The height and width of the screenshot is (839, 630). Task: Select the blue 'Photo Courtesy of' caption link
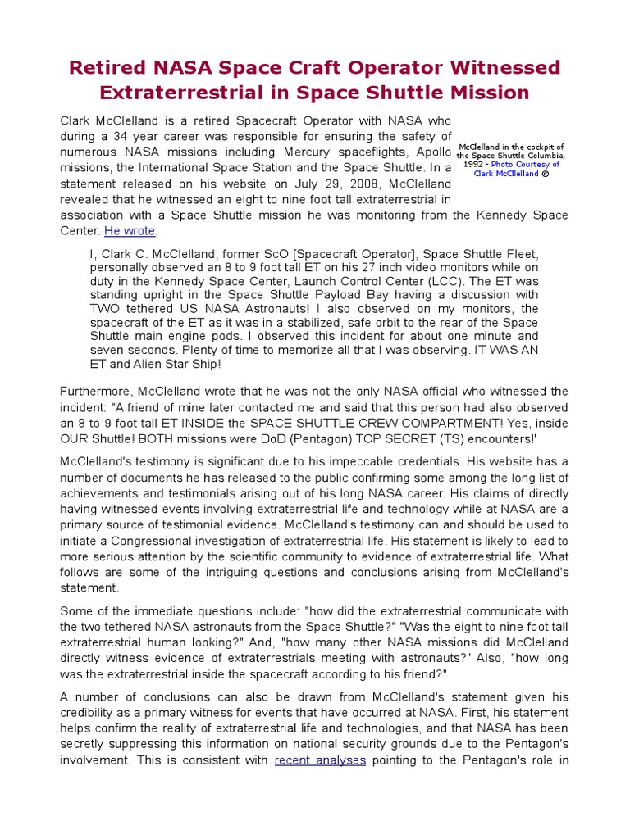coord(525,164)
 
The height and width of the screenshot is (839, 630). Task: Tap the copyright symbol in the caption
coord(543,173)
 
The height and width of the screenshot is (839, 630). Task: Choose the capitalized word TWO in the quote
coord(108,308)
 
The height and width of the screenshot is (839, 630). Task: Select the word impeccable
coord(415,462)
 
